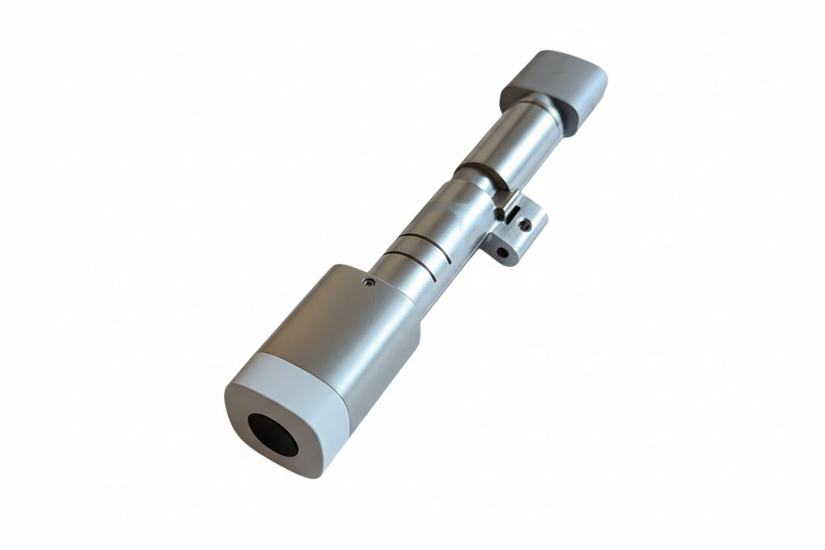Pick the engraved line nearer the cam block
423,245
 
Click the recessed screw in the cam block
525,225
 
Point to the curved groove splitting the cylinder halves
483,173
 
